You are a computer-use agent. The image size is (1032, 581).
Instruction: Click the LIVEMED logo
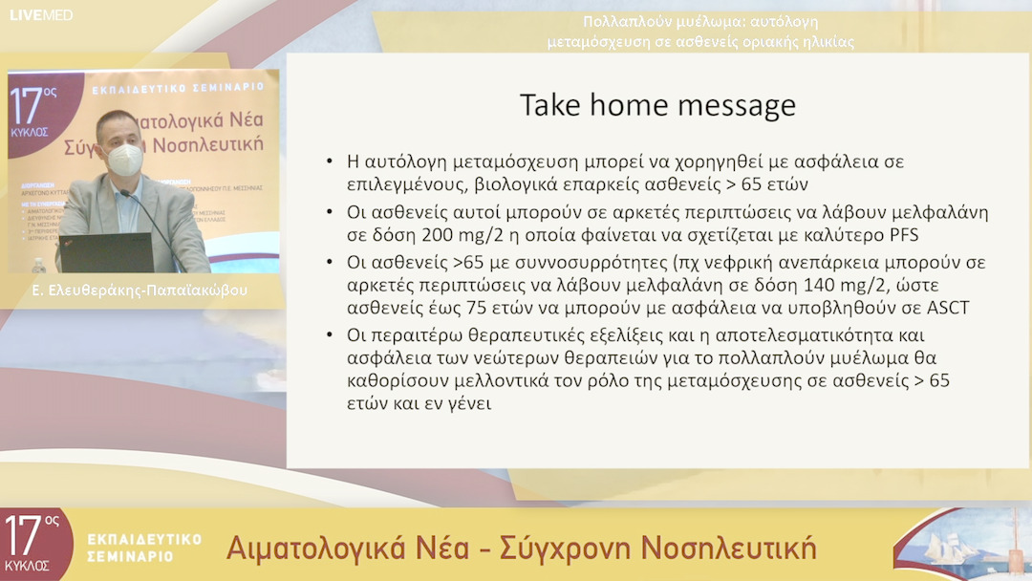tap(40, 14)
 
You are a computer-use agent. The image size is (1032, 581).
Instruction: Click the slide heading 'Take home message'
tap(657, 105)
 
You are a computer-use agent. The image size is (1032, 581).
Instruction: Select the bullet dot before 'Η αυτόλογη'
tap(329, 161)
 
